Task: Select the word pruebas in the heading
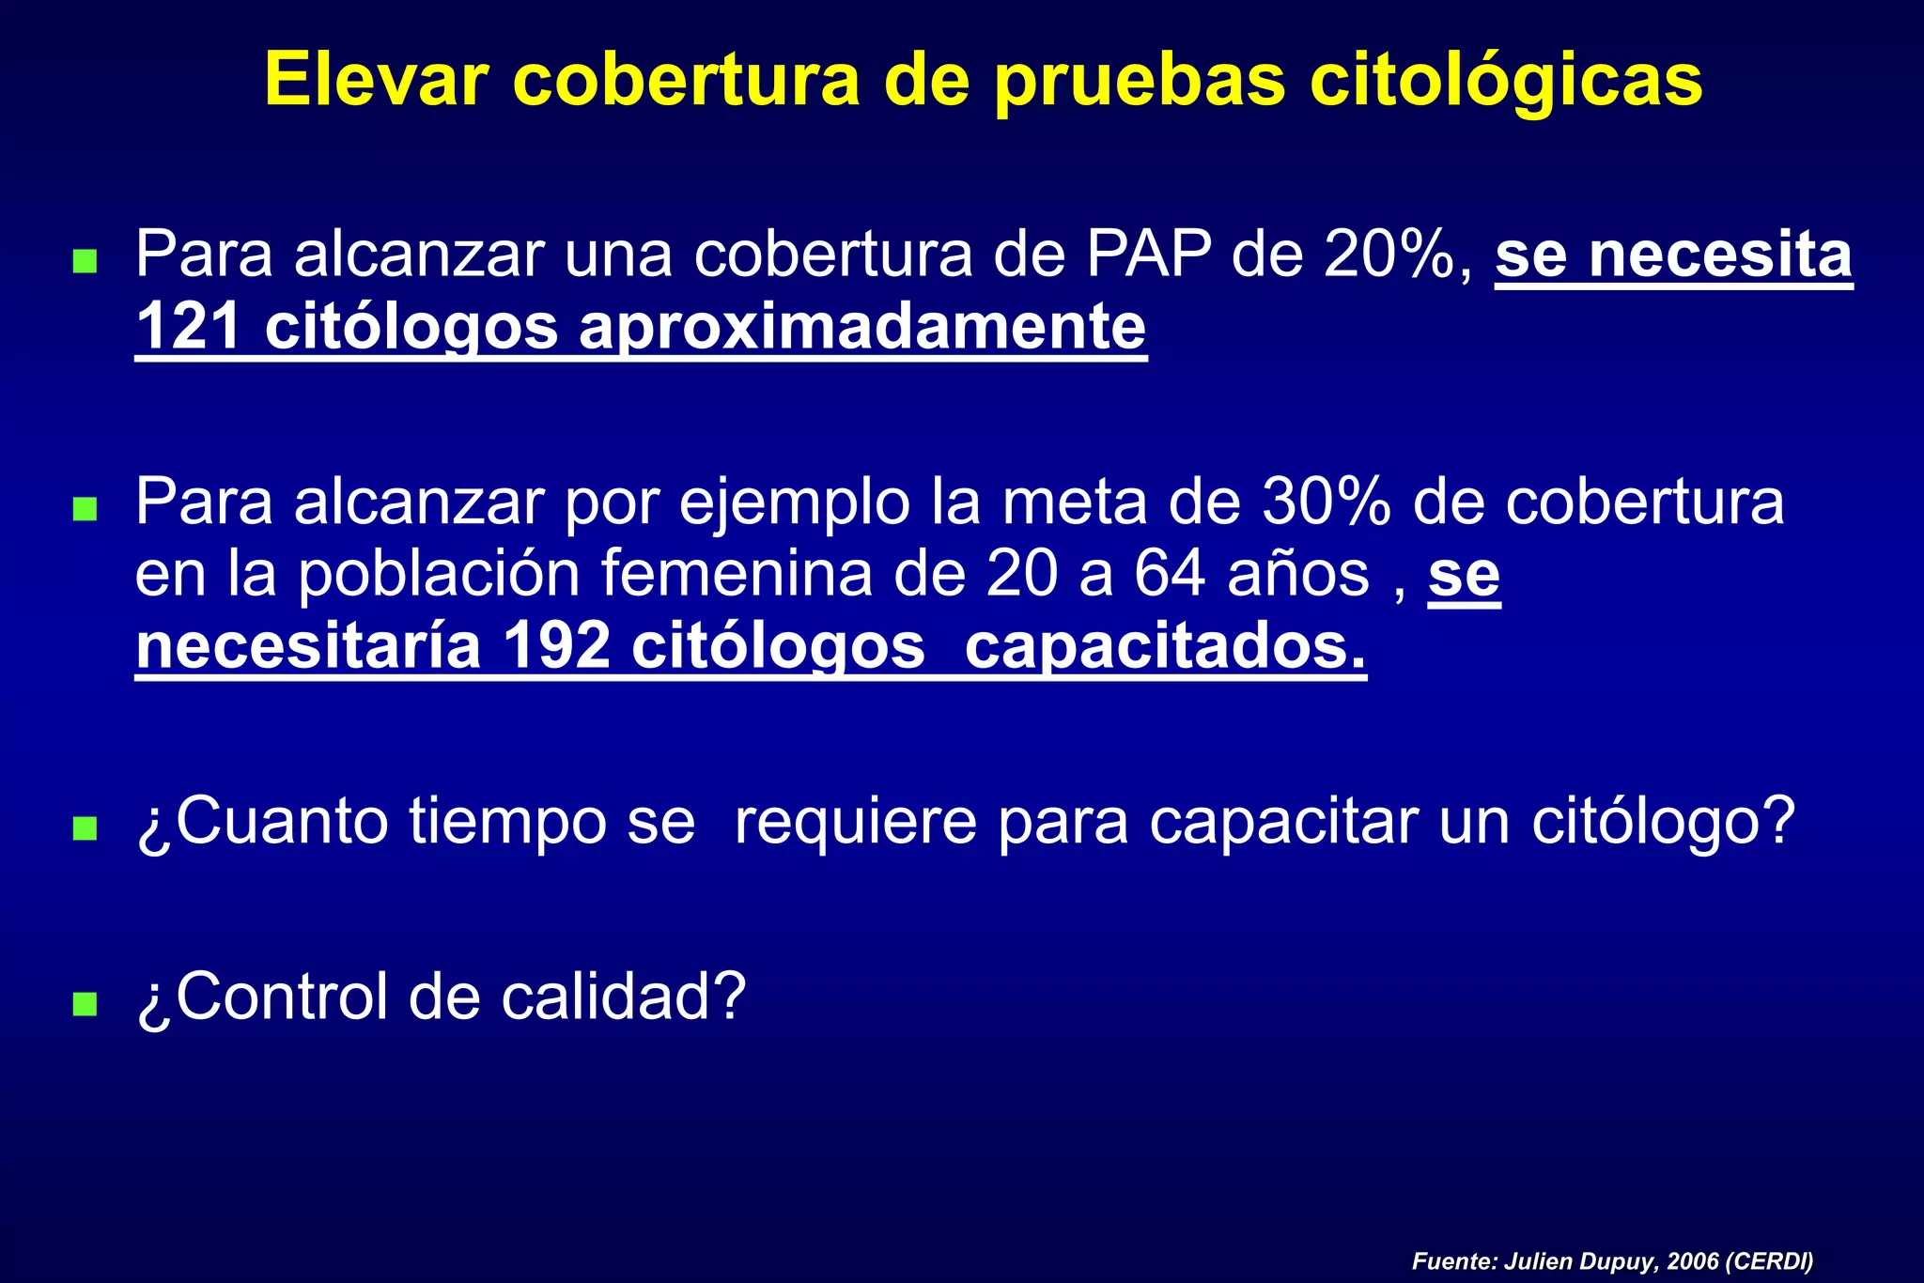click(1140, 82)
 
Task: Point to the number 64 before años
click(1169, 575)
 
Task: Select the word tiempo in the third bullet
click(507, 821)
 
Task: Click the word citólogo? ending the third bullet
click(1664, 821)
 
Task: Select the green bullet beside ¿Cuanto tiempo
click(85, 827)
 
